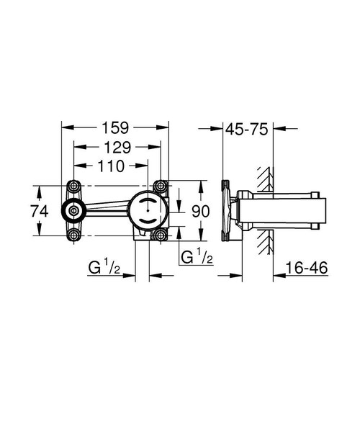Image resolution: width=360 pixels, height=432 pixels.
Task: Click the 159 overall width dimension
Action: pos(114,128)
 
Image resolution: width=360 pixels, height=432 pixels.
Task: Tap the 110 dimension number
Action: pos(112,166)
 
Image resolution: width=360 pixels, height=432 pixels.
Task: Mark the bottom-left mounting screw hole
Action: pos(73,234)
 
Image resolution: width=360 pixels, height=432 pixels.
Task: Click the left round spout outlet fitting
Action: pos(73,211)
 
